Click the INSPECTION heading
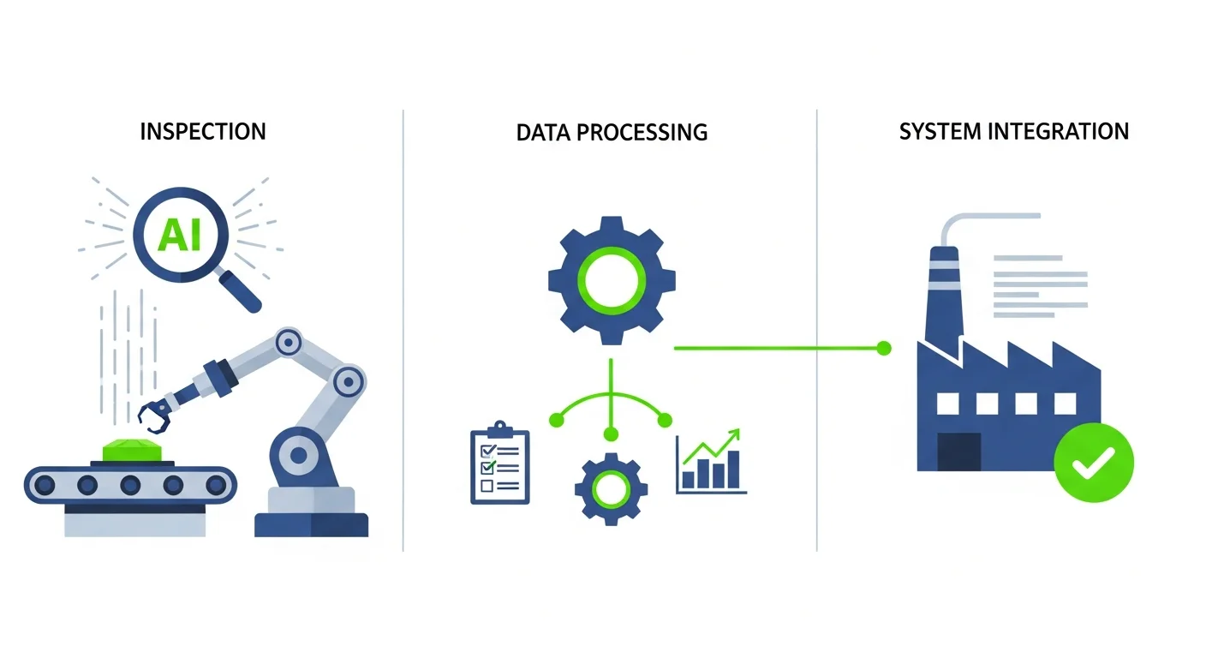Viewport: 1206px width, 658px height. tap(203, 131)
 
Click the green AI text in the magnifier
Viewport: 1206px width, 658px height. tap(180, 234)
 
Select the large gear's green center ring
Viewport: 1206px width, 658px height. tap(611, 281)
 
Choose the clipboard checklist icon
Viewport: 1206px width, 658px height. tap(500, 464)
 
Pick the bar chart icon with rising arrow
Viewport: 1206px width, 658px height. tap(710, 463)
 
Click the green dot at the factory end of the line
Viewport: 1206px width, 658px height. tap(885, 348)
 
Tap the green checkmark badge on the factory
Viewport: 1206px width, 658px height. tap(1094, 463)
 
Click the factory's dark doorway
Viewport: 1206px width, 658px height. tap(958, 451)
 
